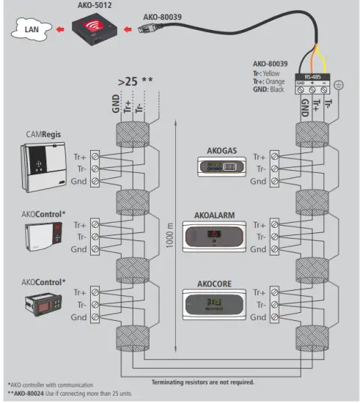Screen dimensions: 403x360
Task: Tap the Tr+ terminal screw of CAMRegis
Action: [98, 157]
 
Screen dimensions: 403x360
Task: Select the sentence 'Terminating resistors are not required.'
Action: [203, 382]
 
